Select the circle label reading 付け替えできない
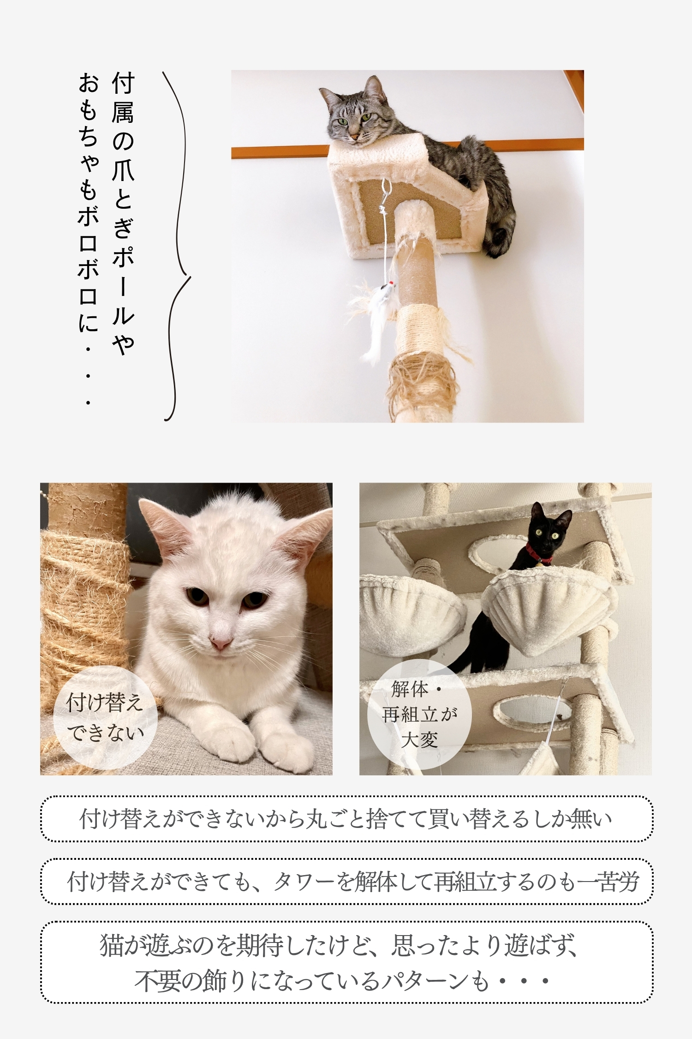point(105,717)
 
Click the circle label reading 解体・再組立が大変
point(419,714)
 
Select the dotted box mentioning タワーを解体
point(346,882)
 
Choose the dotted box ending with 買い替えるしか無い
point(346,819)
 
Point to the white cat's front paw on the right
point(286,743)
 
